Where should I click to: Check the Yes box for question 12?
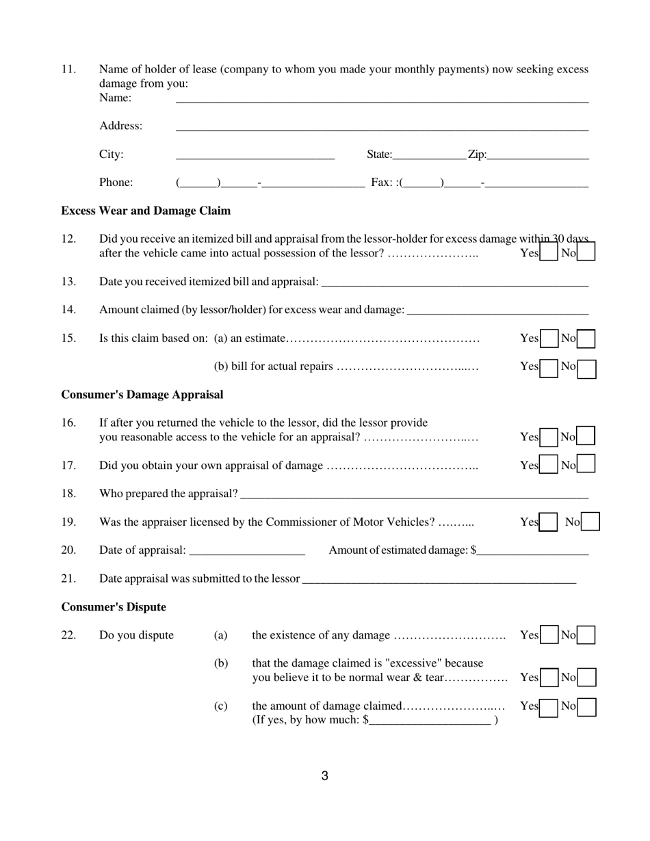[x=549, y=253]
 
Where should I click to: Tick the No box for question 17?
[x=586, y=464]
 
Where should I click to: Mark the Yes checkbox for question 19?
[x=548, y=522]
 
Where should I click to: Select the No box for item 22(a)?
[x=586, y=635]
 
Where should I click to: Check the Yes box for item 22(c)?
[x=549, y=707]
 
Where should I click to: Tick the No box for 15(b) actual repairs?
[x=586, y=369]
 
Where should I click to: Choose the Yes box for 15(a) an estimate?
[x=549, y=338]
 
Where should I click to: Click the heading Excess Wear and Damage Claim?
[x=146, y=211]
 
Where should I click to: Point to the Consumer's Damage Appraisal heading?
[x=142, y=395]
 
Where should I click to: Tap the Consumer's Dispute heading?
[x=114, y=607]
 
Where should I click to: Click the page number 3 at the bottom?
[x=325, y=776]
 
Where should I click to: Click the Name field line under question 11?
[x=382, y=98]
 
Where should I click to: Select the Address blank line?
[x=382, y=126]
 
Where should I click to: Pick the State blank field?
[x=429, y=155]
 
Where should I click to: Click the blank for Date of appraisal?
[x=246, y=550]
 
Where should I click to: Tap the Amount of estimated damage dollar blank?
[x=533, y=550]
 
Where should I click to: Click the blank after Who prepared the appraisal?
[x=414, y=494]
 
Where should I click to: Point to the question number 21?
[x=68, y=578]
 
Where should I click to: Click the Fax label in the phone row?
[x=381, y=183]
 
